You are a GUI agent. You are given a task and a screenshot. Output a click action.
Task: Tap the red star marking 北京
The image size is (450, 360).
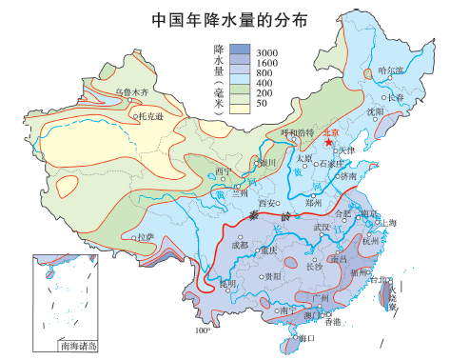(x=328, y=143)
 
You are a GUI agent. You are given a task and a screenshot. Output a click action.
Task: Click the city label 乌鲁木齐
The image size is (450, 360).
(x=132, y=92)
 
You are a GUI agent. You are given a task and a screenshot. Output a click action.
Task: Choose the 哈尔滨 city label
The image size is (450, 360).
(x=390, y=70)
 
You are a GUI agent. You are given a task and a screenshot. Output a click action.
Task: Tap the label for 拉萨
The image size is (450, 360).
(x=146, y=235)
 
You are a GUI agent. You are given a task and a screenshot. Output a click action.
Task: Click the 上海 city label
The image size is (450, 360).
(x=387, y=222)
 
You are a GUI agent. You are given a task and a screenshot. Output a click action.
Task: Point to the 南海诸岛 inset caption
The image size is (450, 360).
(x=77, y=347)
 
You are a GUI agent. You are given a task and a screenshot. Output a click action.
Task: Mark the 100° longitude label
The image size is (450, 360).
(x=203, y=331)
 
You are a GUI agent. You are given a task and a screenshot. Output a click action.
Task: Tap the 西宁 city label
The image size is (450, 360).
(x=224, y=172)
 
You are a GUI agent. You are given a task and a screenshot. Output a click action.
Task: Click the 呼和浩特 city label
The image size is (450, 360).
(x=296, y=132)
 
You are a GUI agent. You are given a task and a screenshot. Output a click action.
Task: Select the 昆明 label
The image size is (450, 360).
(x=227, y=284)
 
